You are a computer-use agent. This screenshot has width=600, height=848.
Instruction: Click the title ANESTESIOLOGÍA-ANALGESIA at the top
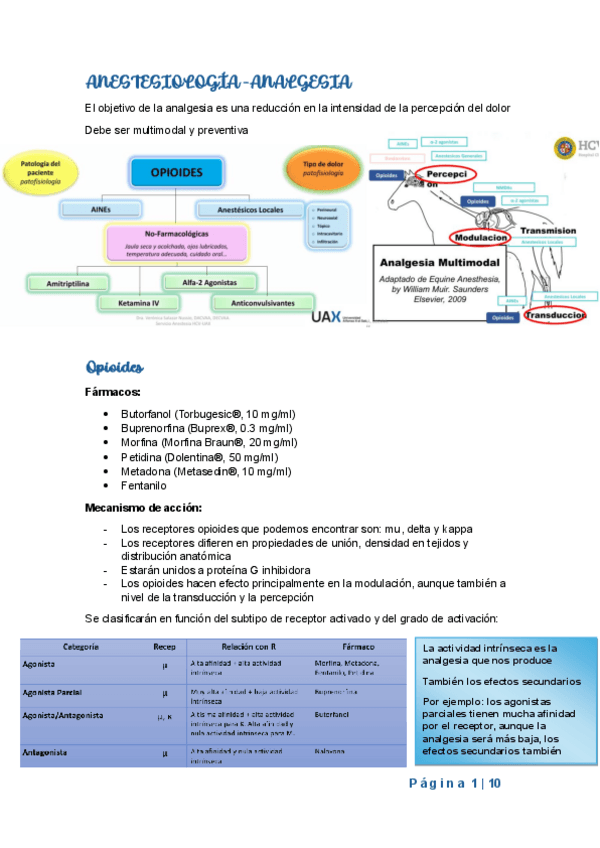tap(218, 81)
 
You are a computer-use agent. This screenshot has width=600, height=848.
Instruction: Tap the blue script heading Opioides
tap(119, 367)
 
